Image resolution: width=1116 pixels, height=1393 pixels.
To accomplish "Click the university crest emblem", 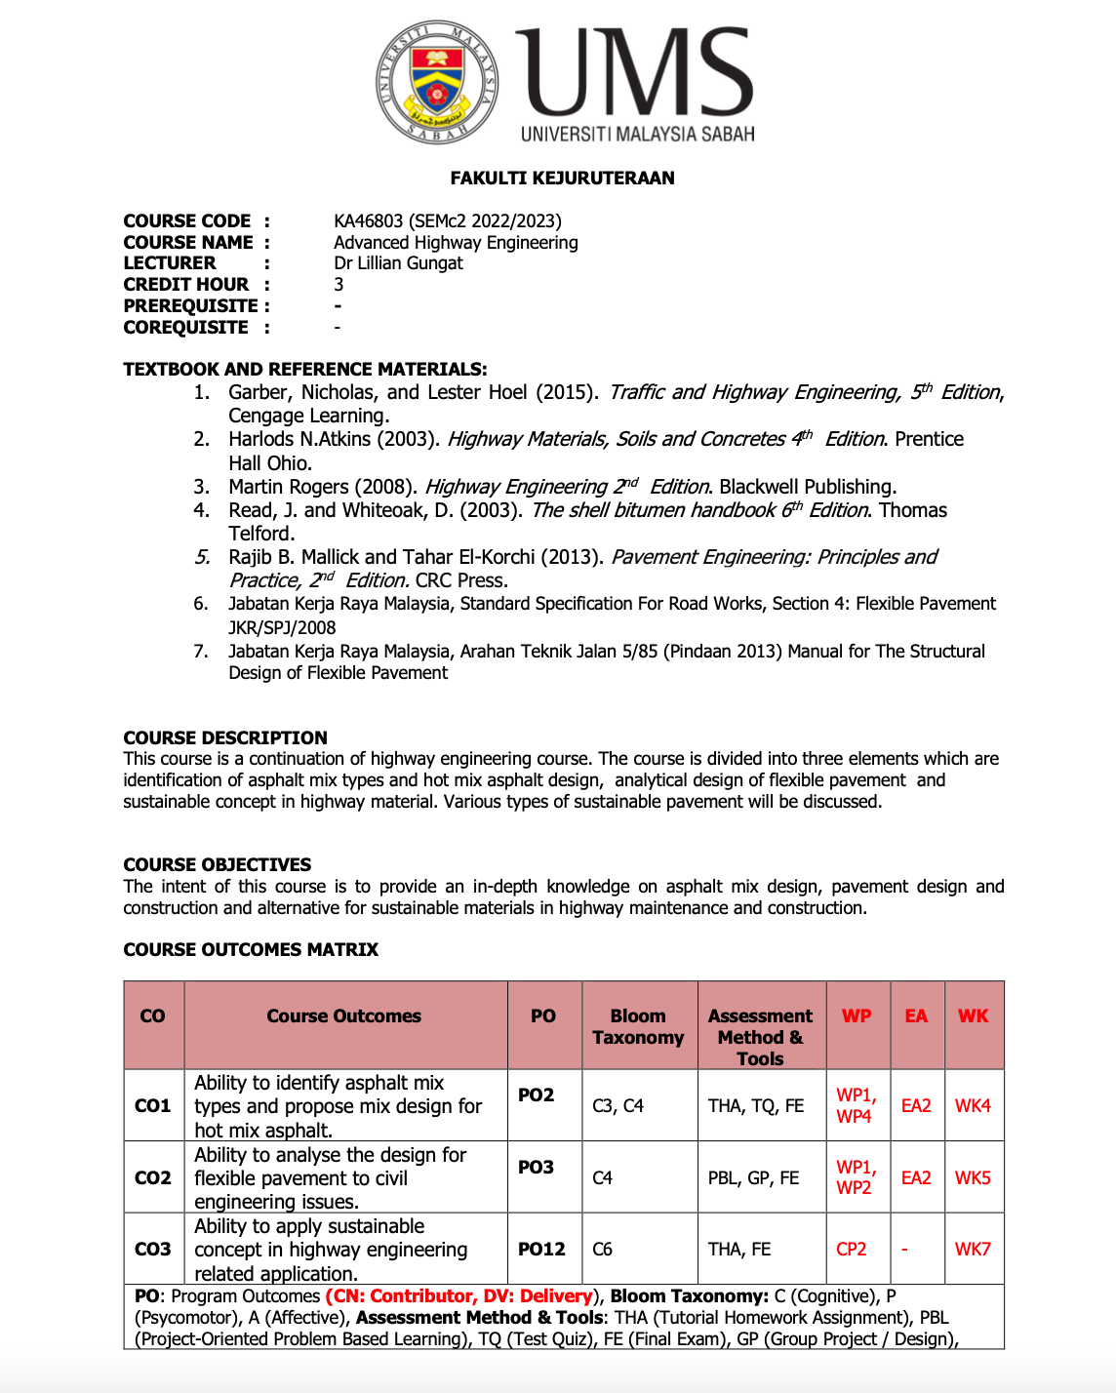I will point(437,82).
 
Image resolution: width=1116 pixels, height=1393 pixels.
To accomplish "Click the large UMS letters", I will point(634,73).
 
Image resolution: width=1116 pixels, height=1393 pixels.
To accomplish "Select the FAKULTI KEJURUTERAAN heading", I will point(562,178).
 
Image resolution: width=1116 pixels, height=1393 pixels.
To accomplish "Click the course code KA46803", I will point(369,221).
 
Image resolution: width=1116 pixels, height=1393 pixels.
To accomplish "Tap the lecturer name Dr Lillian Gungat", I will point(398,263).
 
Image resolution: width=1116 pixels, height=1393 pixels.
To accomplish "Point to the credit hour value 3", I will point(339,285).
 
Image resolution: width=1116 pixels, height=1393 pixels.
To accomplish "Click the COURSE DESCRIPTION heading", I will point(224,737).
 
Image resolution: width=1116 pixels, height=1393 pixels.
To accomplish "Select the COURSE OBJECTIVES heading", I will point(217,864).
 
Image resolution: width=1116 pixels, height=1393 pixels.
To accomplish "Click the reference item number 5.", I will point(202,557).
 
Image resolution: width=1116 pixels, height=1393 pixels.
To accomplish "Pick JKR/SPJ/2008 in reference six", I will point(282,628).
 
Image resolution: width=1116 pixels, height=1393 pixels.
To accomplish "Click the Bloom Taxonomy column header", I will point(638,1026).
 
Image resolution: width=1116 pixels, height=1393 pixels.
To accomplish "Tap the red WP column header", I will point(857,1015).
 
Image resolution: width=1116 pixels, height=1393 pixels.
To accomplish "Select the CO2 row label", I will point(152,1177).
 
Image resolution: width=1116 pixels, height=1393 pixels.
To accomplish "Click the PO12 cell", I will point(541,1249).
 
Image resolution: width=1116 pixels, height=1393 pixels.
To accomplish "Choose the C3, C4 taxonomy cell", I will point(618,1105).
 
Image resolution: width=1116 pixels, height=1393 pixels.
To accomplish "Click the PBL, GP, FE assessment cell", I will point(753,1177).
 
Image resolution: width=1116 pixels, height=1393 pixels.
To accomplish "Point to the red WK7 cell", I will point(972,1249).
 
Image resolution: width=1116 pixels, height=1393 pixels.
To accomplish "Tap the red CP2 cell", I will point(851,1249).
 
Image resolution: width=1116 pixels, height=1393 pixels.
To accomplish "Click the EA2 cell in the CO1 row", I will point(916,1105).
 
